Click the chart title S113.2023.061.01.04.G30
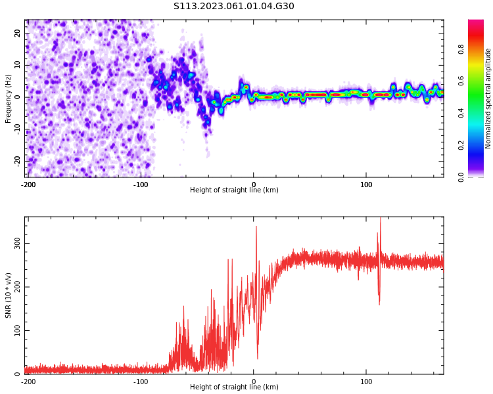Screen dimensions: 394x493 click(x=234, y=6)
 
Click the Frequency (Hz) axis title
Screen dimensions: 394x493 click(x=9, y=98)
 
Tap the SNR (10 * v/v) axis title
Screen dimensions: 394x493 click(x=9, y=295)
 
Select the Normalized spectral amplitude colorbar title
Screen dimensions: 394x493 click(x=488, y=98)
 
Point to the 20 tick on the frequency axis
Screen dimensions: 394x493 click(x=17, y=33)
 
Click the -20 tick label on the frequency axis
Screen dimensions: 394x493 click(x=16, y=160)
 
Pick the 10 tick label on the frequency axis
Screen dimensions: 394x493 click(x=17, y=65)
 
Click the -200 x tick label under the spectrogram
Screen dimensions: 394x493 click(x=28, y=185)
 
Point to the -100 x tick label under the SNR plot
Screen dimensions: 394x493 click(x=141, y=382)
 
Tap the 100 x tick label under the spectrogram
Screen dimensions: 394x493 click(x=366, y=185)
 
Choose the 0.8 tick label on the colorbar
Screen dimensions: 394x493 click(x=479, y=49)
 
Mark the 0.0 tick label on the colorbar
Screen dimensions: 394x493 click(x=479, y=177)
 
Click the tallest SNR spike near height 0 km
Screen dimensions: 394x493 click(x=256, y=227)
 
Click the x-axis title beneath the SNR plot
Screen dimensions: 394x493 click(x=234, y=387)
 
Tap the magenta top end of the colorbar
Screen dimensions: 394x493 click(x=476, y=22)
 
